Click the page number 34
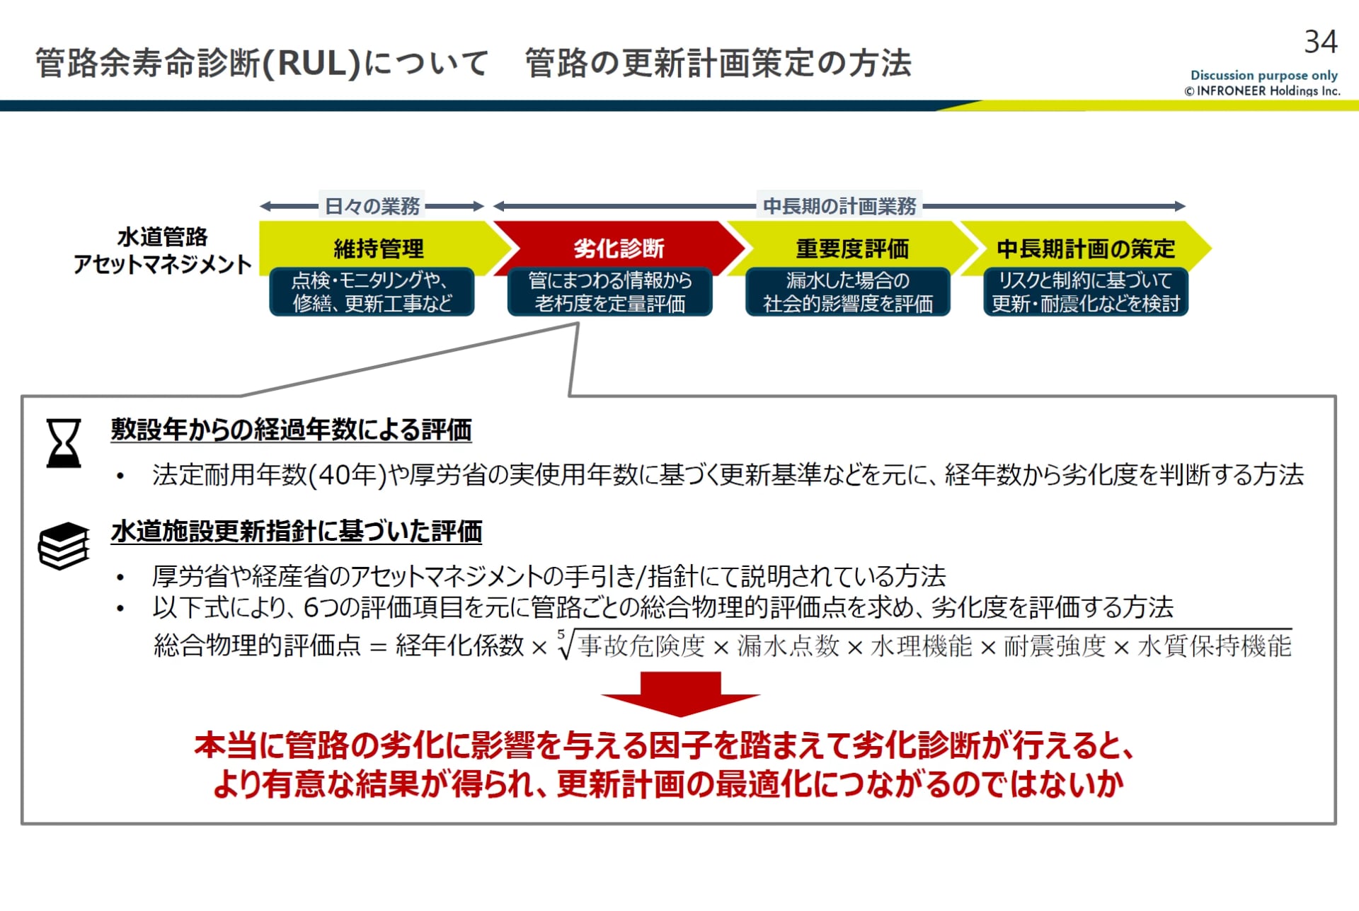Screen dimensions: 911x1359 [1320, 42]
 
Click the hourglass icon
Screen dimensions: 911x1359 [64, 443]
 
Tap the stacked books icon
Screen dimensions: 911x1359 [64, 546]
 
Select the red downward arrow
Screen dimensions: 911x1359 [680, 693]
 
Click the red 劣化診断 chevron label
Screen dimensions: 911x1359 [619, 248]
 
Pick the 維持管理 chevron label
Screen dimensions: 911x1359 [379, 248]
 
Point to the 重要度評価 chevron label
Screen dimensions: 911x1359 [852, 248]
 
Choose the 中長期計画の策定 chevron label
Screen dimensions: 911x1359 [1085, 248]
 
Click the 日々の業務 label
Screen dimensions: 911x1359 [372, 206]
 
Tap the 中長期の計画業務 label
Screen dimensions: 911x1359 [839, 206]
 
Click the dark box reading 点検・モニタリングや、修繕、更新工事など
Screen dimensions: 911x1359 [372, 292]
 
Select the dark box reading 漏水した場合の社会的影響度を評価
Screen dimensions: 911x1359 [848, 292]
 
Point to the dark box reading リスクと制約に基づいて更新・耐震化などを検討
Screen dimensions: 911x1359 [1085, 292]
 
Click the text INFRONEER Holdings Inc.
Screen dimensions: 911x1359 [1268, 91]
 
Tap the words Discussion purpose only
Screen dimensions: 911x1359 [1263, 75]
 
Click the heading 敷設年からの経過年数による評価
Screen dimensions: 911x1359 [291, 430]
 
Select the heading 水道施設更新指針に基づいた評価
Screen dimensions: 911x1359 [297, 532]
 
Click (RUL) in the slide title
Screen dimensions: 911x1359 [311, 63]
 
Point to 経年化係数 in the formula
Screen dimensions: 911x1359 [459, 646]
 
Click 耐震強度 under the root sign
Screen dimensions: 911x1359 [1054, 646]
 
